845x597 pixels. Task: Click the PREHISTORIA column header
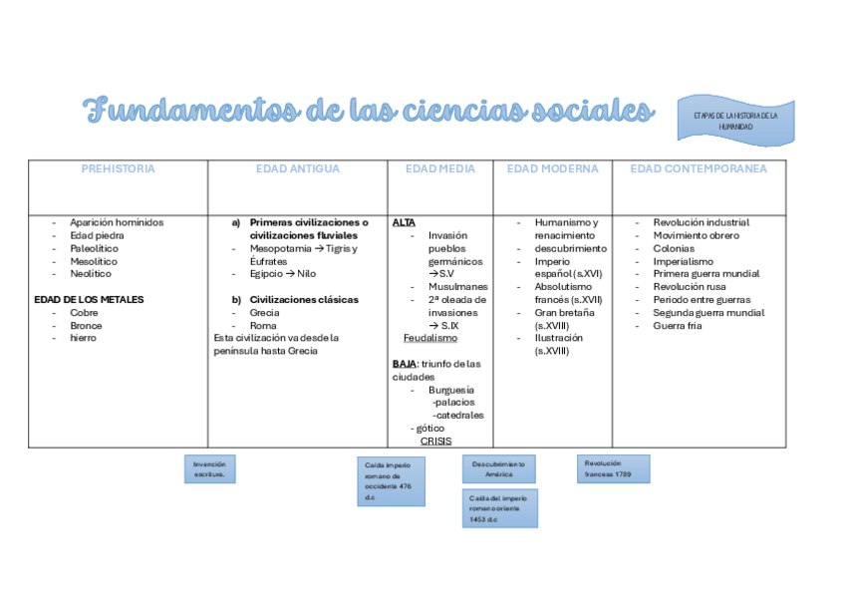[118, 169]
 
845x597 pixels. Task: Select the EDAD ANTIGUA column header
[297, 169]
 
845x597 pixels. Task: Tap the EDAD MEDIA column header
[439, 169]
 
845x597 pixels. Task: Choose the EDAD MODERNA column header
[552, 169]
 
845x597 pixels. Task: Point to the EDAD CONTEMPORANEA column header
[699, 169]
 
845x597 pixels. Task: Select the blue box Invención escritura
[209, 469]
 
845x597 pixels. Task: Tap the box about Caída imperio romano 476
[391, 481]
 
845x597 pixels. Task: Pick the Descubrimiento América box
[498, 469]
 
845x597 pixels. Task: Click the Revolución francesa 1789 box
[613, 468]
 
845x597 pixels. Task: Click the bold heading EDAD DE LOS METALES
[89, 299]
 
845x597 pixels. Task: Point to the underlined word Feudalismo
[430, 338]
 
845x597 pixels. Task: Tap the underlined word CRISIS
[435, 441]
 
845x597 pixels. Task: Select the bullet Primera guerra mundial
[705, 274]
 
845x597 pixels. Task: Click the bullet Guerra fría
[678, 326]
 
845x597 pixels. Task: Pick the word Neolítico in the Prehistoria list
[91, 274]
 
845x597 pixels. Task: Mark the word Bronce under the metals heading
[86, 326]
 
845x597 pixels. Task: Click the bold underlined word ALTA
[404, 222]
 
